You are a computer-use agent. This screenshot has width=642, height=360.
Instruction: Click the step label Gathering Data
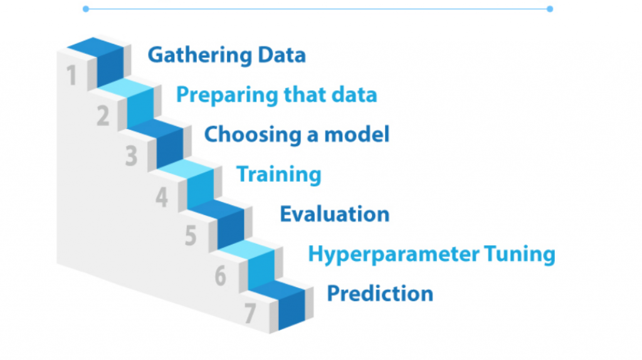(x=226, y=55)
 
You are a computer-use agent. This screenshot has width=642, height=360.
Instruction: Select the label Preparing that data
(x=276, y=95)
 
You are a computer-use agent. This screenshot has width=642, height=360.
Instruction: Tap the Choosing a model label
(x=297, y=134)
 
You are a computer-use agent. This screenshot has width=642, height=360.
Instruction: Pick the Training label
(x=279, y=174)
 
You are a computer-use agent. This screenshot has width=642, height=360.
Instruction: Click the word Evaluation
(x=335, y=214)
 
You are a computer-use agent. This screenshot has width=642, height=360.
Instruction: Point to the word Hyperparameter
(x=394, y=255)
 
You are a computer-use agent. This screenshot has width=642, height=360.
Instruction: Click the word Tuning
(x=520, y=255)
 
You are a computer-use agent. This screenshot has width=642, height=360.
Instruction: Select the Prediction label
(x=380, y=294)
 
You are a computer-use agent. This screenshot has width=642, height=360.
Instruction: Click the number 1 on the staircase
(x=71, y=75)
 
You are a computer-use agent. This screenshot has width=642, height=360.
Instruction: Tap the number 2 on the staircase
(x=103, y=115)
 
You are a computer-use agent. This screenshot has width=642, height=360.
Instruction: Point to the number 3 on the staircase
(x=131, y=156)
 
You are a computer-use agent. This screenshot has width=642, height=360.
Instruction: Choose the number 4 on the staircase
(x=162, y=196)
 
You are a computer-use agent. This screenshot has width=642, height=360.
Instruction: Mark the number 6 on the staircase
(x=220, y=275)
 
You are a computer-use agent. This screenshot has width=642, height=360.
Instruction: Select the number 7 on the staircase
(x=250, y=314)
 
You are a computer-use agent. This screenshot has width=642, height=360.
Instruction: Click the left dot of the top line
(x=85, y=9)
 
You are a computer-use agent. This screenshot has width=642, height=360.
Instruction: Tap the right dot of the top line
(x=550, y=9)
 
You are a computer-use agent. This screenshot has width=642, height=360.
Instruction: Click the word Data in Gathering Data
(x=282, y=55)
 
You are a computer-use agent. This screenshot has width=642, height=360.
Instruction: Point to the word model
(x=357, y=134)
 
